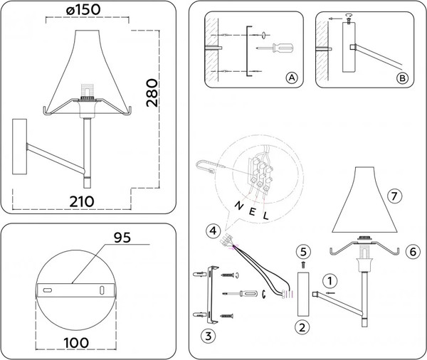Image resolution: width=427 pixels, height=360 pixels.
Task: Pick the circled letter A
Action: pyautogui.click(x=290, y=77)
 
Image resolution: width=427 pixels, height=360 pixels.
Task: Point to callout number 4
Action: pyautogui.click(x=213, y=230)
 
